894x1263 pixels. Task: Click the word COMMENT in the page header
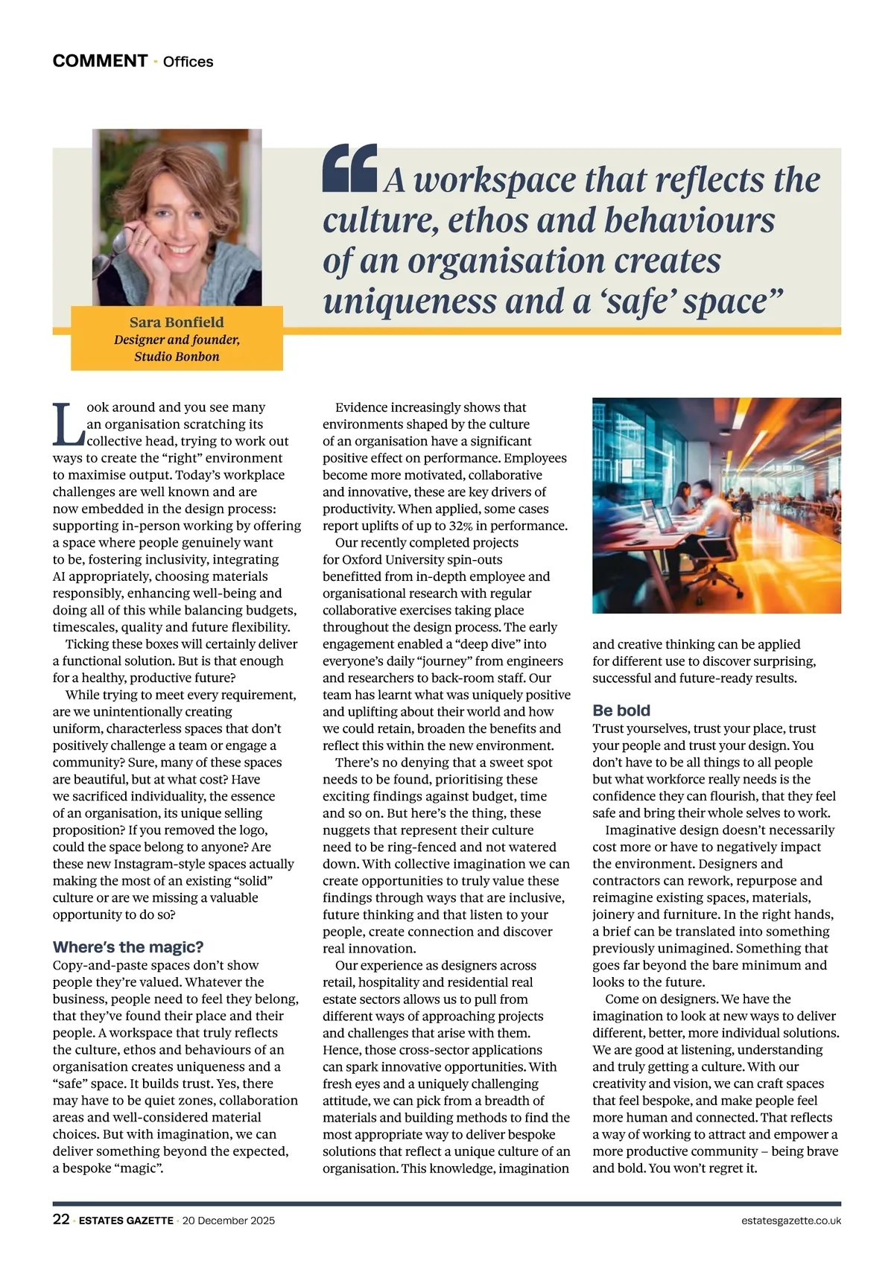pyautogui.click(x=100, y=61)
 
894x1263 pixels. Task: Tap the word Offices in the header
pyautogui.click(x=188, y=62)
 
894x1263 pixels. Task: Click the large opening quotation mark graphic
pyautogui.click(x=349, y=168)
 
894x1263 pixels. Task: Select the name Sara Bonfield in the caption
pyautogui.click(x=177, y=322)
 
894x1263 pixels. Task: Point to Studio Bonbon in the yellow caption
pyautogui.click(x=177, y=357)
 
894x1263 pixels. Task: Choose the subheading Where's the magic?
pyautogui.click(x=127, y=947)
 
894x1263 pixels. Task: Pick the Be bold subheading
pyautogui.click(x=621, y=710)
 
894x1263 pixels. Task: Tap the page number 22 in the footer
pyautogui.click(x=61, y=1220)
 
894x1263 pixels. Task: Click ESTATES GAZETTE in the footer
pyautogui.click(x=126, y=1221)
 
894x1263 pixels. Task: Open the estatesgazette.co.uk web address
pyautogui.click(x=791, y=1221)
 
